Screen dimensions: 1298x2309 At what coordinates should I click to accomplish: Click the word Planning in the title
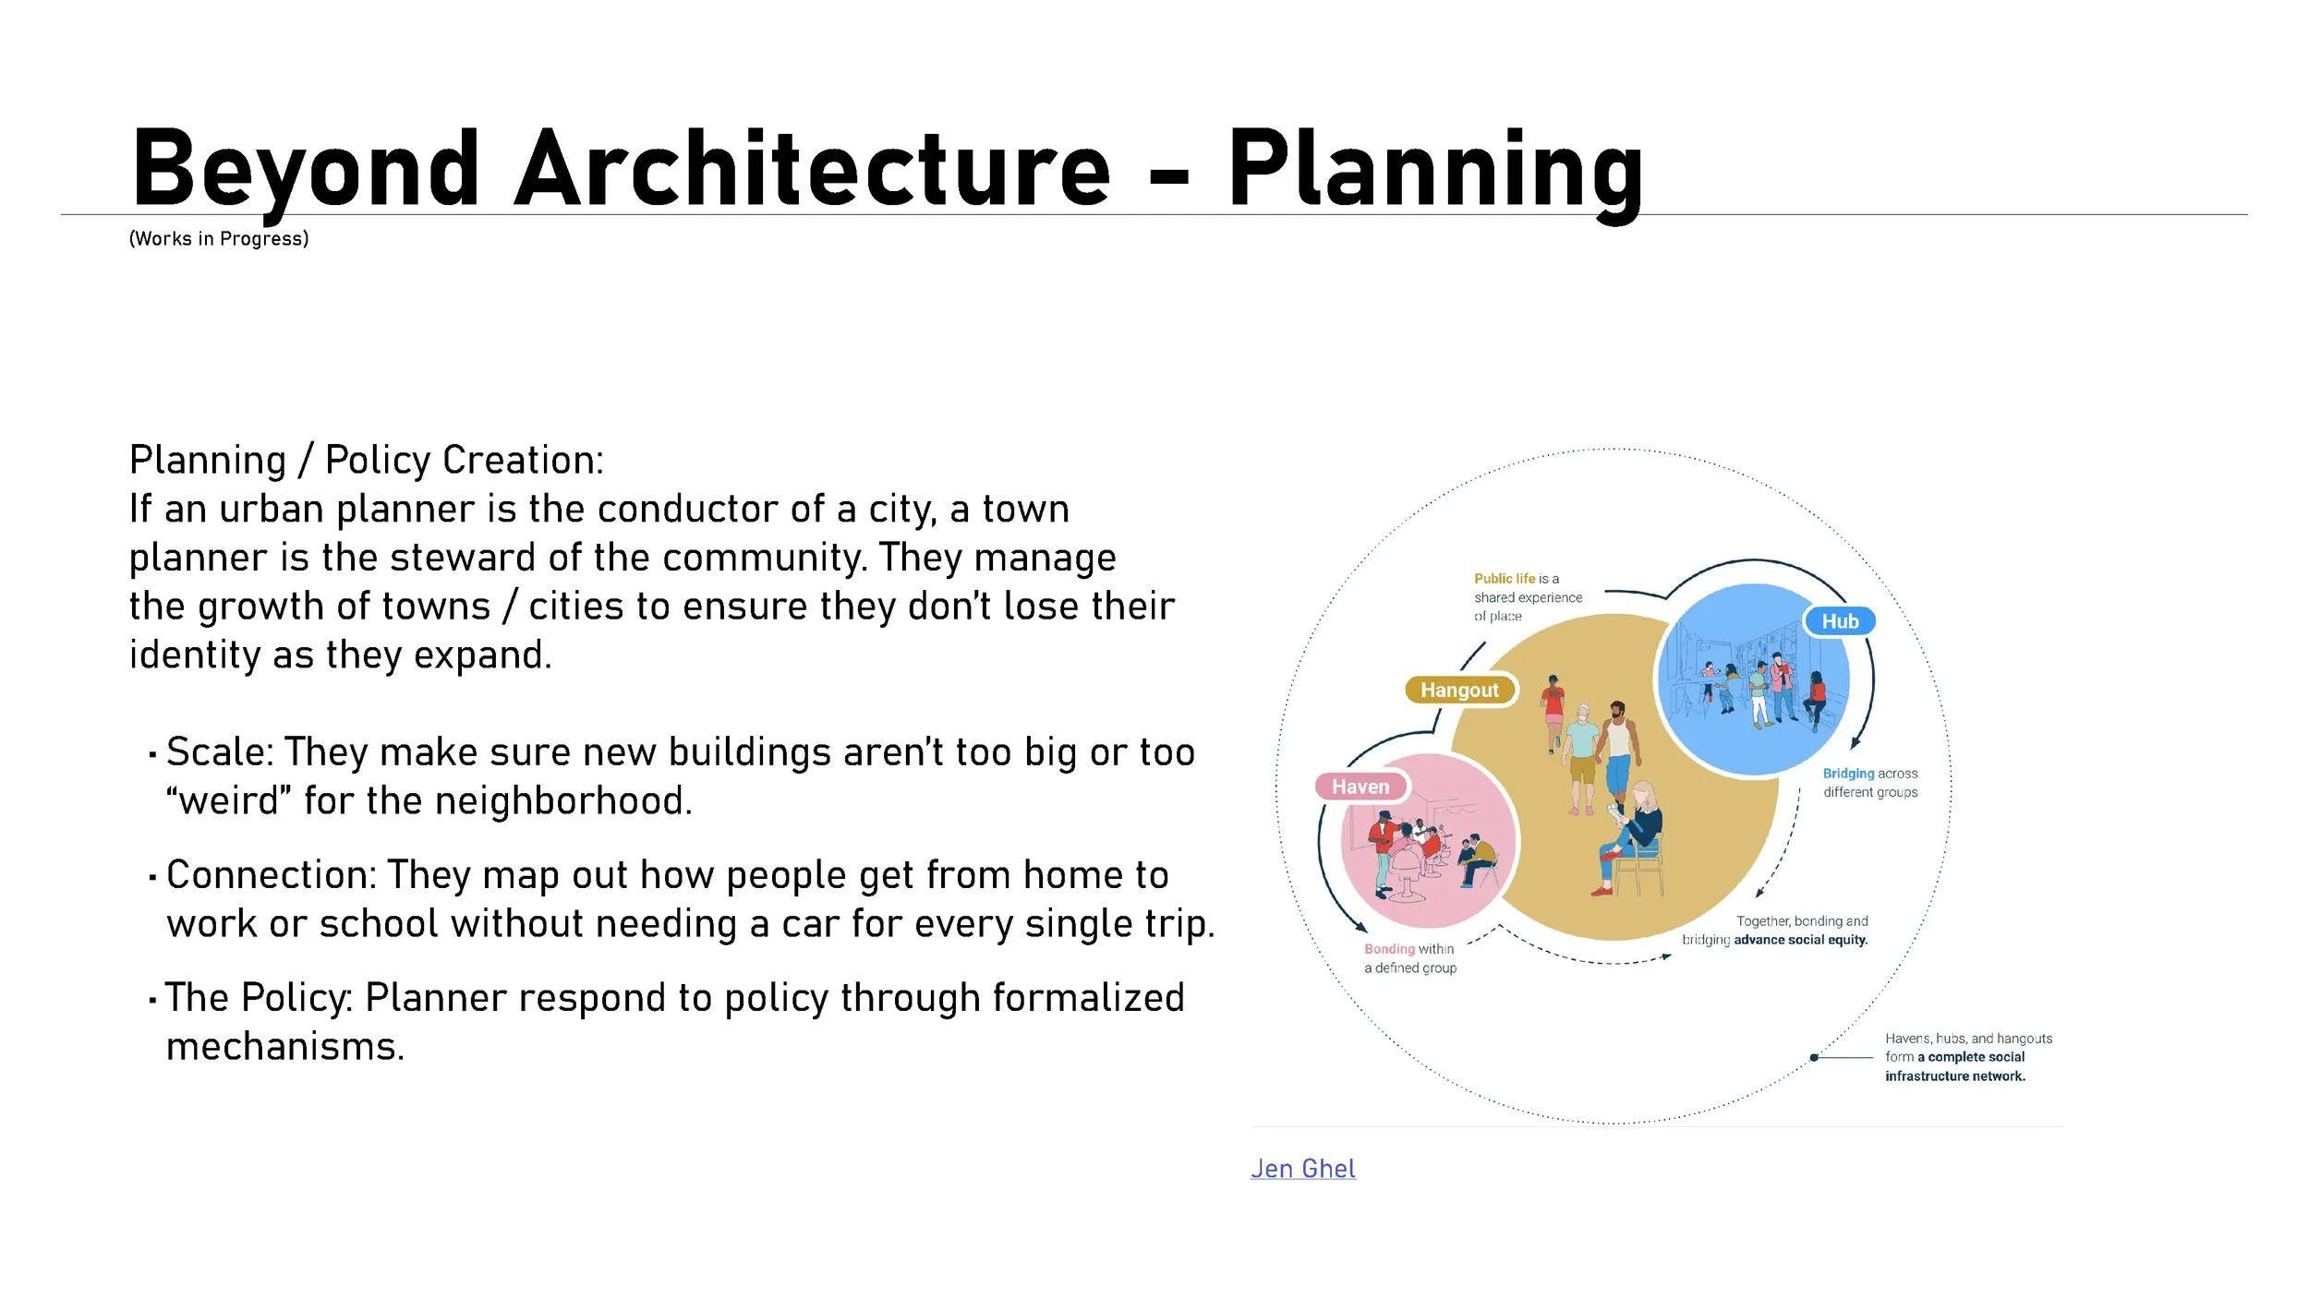pos(1434,171)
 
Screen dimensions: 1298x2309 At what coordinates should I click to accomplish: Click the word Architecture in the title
pos(812,171)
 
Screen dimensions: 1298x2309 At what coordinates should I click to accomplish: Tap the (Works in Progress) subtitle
pos(219,239)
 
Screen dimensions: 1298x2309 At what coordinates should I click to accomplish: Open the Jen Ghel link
pos(1302,1169)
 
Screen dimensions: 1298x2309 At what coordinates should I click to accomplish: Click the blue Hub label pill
pos(1839,621)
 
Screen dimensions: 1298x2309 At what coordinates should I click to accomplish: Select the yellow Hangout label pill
pos(1459,690)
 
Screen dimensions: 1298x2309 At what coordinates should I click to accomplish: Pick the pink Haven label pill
pos(1360,787)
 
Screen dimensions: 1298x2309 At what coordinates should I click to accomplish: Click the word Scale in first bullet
pos(216,752)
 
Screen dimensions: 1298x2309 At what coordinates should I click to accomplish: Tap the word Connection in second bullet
pos(269,875)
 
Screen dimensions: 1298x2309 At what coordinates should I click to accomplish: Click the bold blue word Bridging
pos(1848,774)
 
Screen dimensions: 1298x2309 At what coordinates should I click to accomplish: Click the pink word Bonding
pos(1389,949)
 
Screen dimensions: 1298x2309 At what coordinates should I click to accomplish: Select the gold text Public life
pos(1505,579)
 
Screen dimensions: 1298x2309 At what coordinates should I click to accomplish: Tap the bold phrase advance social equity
pos(1800,940)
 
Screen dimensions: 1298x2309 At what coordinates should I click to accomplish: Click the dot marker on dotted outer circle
pos(1814,1057)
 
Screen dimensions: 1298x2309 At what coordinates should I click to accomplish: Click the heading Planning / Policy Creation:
pos(366,461)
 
